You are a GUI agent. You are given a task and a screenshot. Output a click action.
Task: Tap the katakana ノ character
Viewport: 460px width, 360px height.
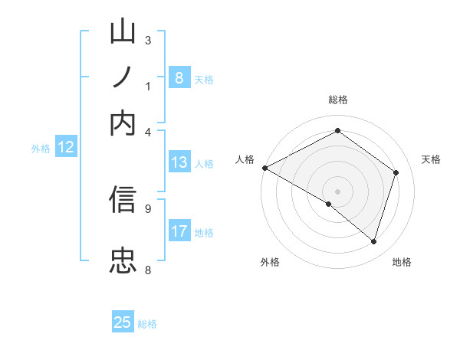(x=123, y=78)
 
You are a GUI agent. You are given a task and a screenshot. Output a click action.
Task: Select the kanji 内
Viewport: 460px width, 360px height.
(x=123, y=122)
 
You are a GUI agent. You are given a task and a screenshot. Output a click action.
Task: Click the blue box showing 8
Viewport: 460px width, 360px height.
(x=179, y=78)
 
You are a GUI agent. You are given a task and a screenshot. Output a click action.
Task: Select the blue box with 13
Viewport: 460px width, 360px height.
(x=179, y=162)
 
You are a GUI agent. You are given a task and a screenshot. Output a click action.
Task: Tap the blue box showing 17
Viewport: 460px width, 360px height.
(x=179, y=231)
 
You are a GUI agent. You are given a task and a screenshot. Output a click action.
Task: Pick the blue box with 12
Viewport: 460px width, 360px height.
(x=66, y=148)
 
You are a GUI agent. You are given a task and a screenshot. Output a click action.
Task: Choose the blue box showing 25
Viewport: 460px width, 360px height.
(x=123, y=322)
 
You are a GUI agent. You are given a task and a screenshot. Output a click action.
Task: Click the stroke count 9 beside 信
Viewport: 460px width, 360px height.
(x=147, y=208)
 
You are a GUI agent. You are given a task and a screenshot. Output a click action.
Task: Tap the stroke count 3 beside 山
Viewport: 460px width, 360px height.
(x=147, y=40)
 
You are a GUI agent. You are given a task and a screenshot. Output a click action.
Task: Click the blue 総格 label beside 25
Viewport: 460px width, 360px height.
(x=147, y=324)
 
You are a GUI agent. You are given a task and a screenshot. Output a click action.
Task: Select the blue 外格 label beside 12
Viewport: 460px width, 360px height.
(x=41, y=149)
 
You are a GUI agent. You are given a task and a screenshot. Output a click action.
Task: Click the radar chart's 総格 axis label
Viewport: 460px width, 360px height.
(x=337, y=100)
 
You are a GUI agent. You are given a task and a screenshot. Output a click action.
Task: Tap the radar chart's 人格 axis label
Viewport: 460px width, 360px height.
(x=245, y=159)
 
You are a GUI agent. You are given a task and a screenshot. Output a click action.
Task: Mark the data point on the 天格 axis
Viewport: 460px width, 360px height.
(x=396, y=172)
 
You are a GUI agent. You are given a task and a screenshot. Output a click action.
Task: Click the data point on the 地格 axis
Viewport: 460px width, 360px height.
(x=373, y=241)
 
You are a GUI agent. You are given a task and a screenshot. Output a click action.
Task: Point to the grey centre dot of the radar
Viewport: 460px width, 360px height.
(x=337, y=191)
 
